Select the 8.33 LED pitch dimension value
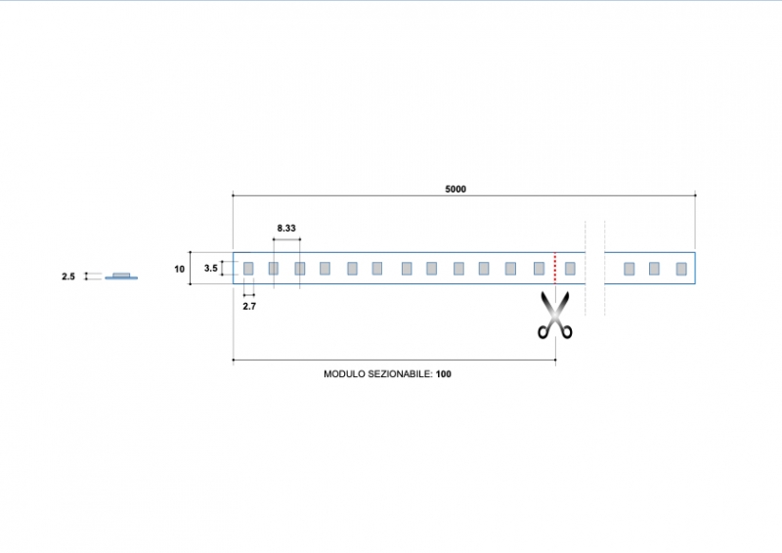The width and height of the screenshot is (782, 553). click(x=286, y=228)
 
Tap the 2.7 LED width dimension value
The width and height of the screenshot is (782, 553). click(x=249, y=306)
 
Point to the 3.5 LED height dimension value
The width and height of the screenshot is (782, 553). click(x=211, y=268)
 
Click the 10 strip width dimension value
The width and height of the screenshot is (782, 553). click(x=180, y=268)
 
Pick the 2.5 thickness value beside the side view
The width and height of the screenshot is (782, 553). click(x=68, y=276)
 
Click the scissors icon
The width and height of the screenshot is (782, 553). click(x=555, y=315)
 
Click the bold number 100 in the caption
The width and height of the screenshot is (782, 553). click(x=444, y=374)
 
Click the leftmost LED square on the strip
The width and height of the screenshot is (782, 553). click(x=248, y=268)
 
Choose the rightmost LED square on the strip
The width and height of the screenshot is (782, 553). click(x=681, y=268)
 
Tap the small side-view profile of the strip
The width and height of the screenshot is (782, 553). click(x=121, y=276)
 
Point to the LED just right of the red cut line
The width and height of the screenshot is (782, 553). click(x=570, y=268)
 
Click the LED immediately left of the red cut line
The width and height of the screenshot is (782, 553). click(x=539, y=268)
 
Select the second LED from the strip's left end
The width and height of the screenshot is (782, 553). click(x=274, y=268)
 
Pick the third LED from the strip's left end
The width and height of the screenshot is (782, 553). click(x=300, y=268)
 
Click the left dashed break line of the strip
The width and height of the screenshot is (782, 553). click(x=586, y=268)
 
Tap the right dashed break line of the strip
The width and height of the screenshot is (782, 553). click(x=605, y=268)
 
